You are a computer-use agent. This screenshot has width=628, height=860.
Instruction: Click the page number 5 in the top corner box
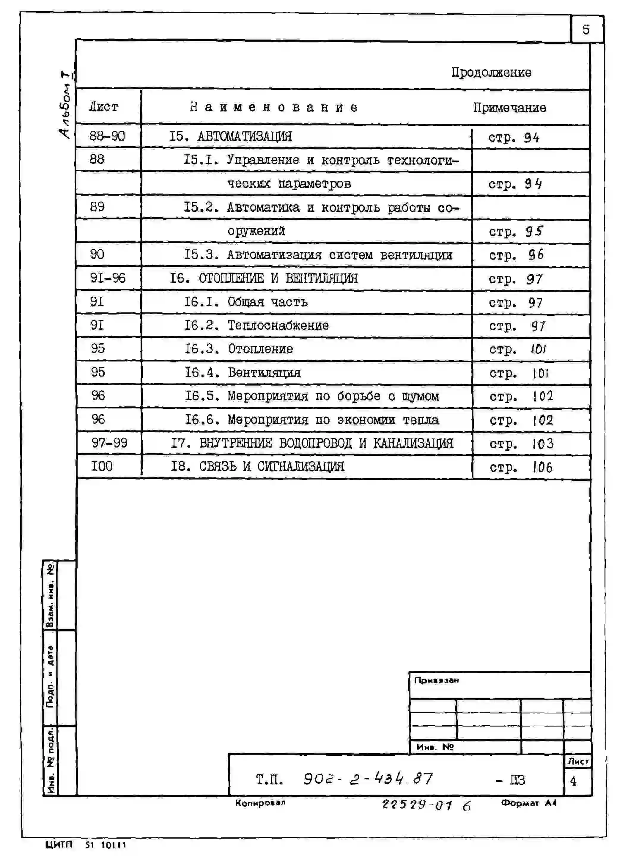(586, 30)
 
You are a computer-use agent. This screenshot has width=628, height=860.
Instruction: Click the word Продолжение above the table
(491, 72)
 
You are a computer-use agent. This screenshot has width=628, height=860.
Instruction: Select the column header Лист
(103, 106)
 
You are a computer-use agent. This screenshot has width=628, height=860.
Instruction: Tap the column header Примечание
(509, 108)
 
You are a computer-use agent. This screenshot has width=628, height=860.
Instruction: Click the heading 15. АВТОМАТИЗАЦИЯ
(230, 136)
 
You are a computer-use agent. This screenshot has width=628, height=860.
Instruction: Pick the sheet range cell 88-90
(107, 136)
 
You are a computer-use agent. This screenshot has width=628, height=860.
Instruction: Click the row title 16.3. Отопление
(239, 349)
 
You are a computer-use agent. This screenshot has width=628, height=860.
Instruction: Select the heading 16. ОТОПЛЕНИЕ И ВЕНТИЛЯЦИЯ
(263, 278)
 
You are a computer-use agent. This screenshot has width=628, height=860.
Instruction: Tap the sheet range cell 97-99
(109, 443)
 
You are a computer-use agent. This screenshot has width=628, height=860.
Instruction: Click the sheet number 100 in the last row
(102, 466)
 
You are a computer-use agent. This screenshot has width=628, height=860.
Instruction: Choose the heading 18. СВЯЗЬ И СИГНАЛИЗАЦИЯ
(257, 466)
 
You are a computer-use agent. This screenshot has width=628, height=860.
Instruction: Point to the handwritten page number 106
(542, 467)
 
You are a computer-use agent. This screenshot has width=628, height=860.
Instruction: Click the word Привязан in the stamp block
(436, 680)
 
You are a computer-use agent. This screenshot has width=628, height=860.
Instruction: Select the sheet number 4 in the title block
(573, 781)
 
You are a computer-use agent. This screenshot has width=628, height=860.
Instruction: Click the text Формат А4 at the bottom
(528, 803)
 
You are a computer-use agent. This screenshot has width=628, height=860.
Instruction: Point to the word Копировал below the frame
(260, 803)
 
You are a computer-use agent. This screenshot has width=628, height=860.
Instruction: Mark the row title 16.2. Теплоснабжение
(256, 326)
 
